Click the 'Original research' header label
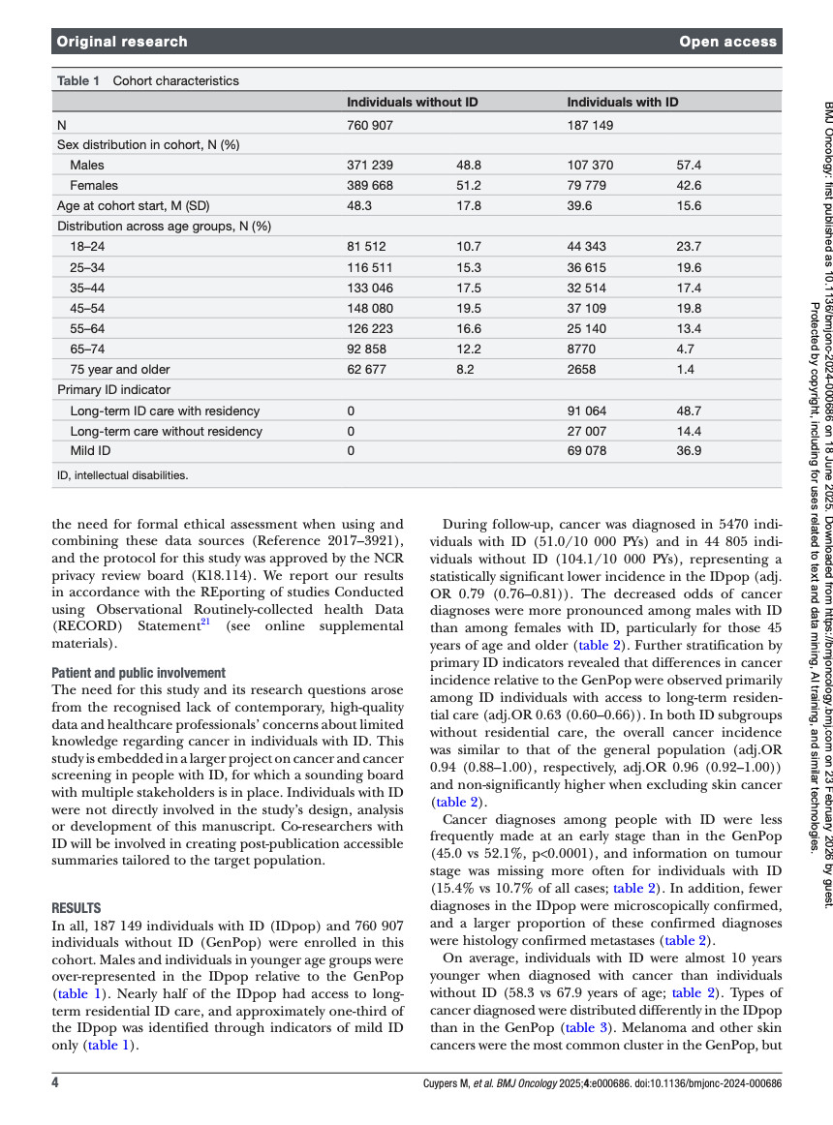[x=122, y=42]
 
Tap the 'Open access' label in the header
[x=727, y=42]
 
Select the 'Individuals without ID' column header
[x=412, y=102]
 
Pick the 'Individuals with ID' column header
[x=622, y=102]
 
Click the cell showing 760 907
[x=370, y=126]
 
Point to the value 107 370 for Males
[x=590, y=166]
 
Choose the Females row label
[x=94, y=185]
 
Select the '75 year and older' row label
[x=120, y=369]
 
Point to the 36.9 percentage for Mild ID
[x=689, y=450]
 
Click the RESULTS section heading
[x=77, y=908]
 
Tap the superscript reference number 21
[x=204, y=567]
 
